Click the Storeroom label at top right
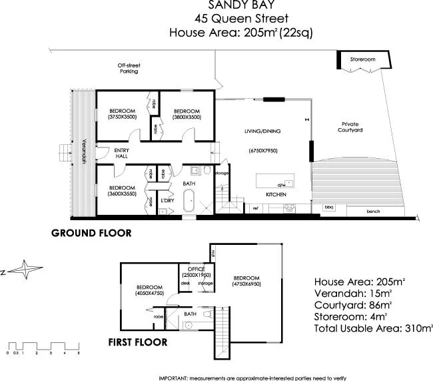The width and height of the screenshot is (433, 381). click(x=363, y=59)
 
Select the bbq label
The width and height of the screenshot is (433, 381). click(x=328, y=208)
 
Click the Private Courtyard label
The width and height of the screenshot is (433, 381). click(x=351, y=127)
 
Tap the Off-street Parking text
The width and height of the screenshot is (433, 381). click(x=129, y=68)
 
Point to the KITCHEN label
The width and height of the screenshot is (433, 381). click(x=276, y=194)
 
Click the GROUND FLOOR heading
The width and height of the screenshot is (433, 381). click(x=92, y=234)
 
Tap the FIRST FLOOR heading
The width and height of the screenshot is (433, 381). click(x=137, y=343)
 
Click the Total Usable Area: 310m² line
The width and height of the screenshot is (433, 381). click(x=372, y=328)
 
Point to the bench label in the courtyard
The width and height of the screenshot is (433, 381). click(x=373, y=212)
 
